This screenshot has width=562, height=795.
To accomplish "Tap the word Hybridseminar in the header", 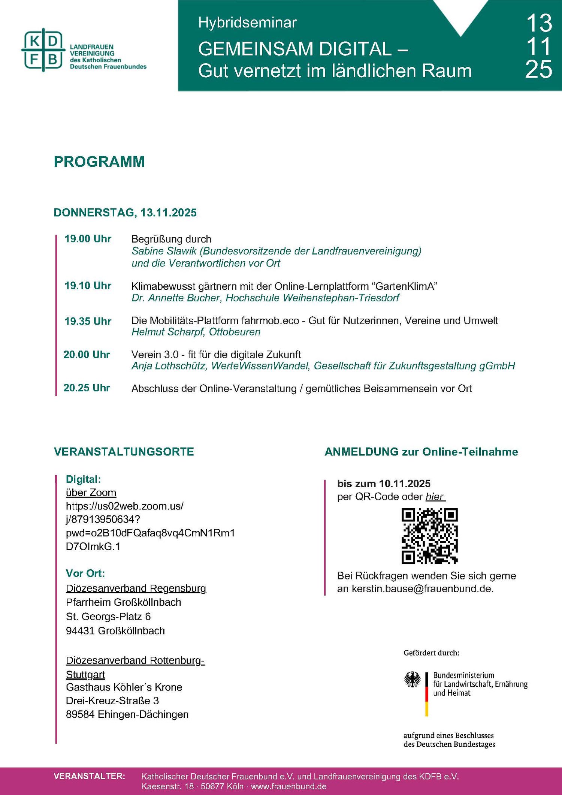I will [x=247, y=23].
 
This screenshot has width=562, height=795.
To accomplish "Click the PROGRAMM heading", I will [x=99, y=162].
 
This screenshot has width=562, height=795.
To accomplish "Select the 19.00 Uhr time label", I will [x=88, y=239].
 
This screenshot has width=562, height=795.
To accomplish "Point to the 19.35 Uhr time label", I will [x=88, y=321].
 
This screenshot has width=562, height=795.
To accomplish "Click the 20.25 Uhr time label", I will [x=87, y=388].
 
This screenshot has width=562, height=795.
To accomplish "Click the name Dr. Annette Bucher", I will [x=176, y=298].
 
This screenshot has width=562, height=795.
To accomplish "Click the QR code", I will [x=429, y=536].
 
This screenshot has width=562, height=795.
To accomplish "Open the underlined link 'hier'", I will [x=435, y=497].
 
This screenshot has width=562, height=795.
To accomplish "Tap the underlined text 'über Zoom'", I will [x=91, y=493].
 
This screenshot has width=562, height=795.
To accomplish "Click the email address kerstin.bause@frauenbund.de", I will [x=422, y=589].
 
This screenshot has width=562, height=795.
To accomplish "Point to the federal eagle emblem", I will [x=413, y=680].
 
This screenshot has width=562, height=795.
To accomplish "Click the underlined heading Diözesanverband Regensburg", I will [x=136, y=588].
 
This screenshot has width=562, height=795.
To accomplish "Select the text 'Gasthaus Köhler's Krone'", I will [x=124, y=687].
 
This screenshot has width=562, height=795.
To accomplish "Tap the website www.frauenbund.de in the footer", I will [x=288, y=786].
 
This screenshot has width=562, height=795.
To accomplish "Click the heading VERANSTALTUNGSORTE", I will [x=124, y=452].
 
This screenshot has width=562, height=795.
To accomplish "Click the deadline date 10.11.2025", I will [x=405, y=484].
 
